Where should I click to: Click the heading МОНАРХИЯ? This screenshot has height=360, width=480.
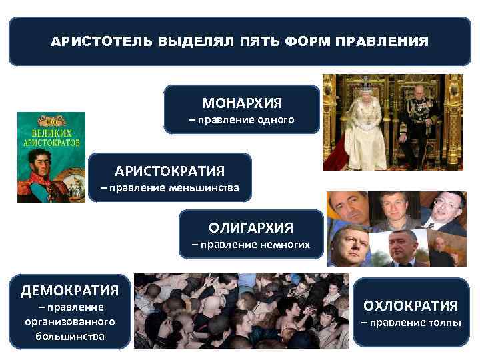242,103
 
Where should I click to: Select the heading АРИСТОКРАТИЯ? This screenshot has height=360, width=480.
169,171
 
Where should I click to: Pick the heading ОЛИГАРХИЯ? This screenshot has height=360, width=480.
251,228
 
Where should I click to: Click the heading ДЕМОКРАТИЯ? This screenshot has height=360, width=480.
69,290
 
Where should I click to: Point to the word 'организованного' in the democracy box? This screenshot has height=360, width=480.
70,321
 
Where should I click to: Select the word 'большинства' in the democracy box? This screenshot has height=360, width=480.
70,335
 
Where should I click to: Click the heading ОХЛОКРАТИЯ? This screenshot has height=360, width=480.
410,306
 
